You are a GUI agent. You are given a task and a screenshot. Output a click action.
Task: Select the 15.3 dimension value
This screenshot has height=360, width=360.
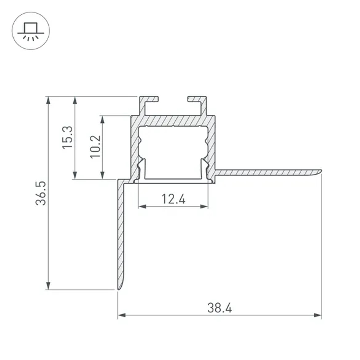pyautogui.click(x=67, y=138)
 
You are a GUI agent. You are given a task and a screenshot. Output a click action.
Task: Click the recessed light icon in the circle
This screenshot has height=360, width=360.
pyautogui.click(x=31, y=31)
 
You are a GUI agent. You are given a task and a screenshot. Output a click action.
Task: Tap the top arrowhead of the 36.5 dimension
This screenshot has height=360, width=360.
pyautogui.click(x=48, y=100)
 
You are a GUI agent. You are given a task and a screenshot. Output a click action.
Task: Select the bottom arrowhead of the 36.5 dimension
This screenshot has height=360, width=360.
pyautogui.click(x=48, y=286)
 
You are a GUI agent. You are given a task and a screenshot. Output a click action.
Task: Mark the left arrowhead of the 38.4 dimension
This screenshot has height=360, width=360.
pyautogui.click(x=122, y=315)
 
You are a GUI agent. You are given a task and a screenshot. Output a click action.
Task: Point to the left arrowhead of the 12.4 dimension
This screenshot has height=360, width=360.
pyautogui.click(x=142, y=206)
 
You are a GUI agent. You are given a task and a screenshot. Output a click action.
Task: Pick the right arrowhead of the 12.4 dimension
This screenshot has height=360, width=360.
pyautogui.click(x=204, y=206)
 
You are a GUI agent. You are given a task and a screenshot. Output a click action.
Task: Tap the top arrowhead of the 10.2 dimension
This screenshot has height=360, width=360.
pyautogui.click(x=103, y=119)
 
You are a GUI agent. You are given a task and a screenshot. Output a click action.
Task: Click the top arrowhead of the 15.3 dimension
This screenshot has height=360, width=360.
pyautogui.click(x=75, y=100)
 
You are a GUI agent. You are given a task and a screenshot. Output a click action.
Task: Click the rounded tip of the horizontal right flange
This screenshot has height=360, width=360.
pyautogui.click(x=319, y=171)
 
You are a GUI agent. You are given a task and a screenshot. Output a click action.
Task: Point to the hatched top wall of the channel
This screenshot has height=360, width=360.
pyautogui.click(x=173, y=121)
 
